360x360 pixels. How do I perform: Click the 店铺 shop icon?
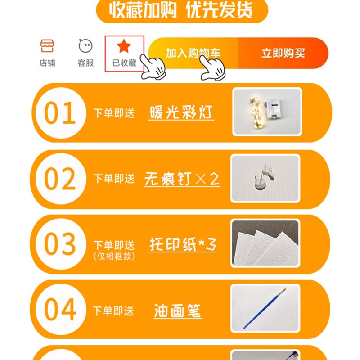pyautogui.click(x=47, y=46)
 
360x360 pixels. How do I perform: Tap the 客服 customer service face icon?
pyautogui.click(x=85, y=46)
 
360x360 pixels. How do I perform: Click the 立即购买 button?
pyautogui.click(x=283, y=54)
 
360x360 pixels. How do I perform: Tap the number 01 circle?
pyautogui.click(x=60, y=113)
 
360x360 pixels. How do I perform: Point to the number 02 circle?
pyautogui.click(x=60, y=179)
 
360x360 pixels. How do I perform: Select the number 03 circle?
pyautogui.click(x=60, y=244)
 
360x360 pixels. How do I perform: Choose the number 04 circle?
pyautogui.click(x=60, y=310)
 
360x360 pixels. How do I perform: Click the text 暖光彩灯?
pyautogui.click(x=181, y=112)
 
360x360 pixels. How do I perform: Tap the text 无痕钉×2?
pyautogui.click(x=182, y=179)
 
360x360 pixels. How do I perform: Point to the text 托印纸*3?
pyautogui.click(x=183, y=245)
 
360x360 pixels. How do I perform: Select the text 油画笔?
pyautogui.click(x=177, y=310)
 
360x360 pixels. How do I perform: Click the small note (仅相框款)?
pyautogui.click(x=114, y=257)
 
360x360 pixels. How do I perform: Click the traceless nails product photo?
pyautogui.click(x=265, y=178)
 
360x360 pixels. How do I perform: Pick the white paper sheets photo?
pyautogui.click(x=265, y=244)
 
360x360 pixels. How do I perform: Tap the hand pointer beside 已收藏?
pyautogui.click(x=153, y=67)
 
